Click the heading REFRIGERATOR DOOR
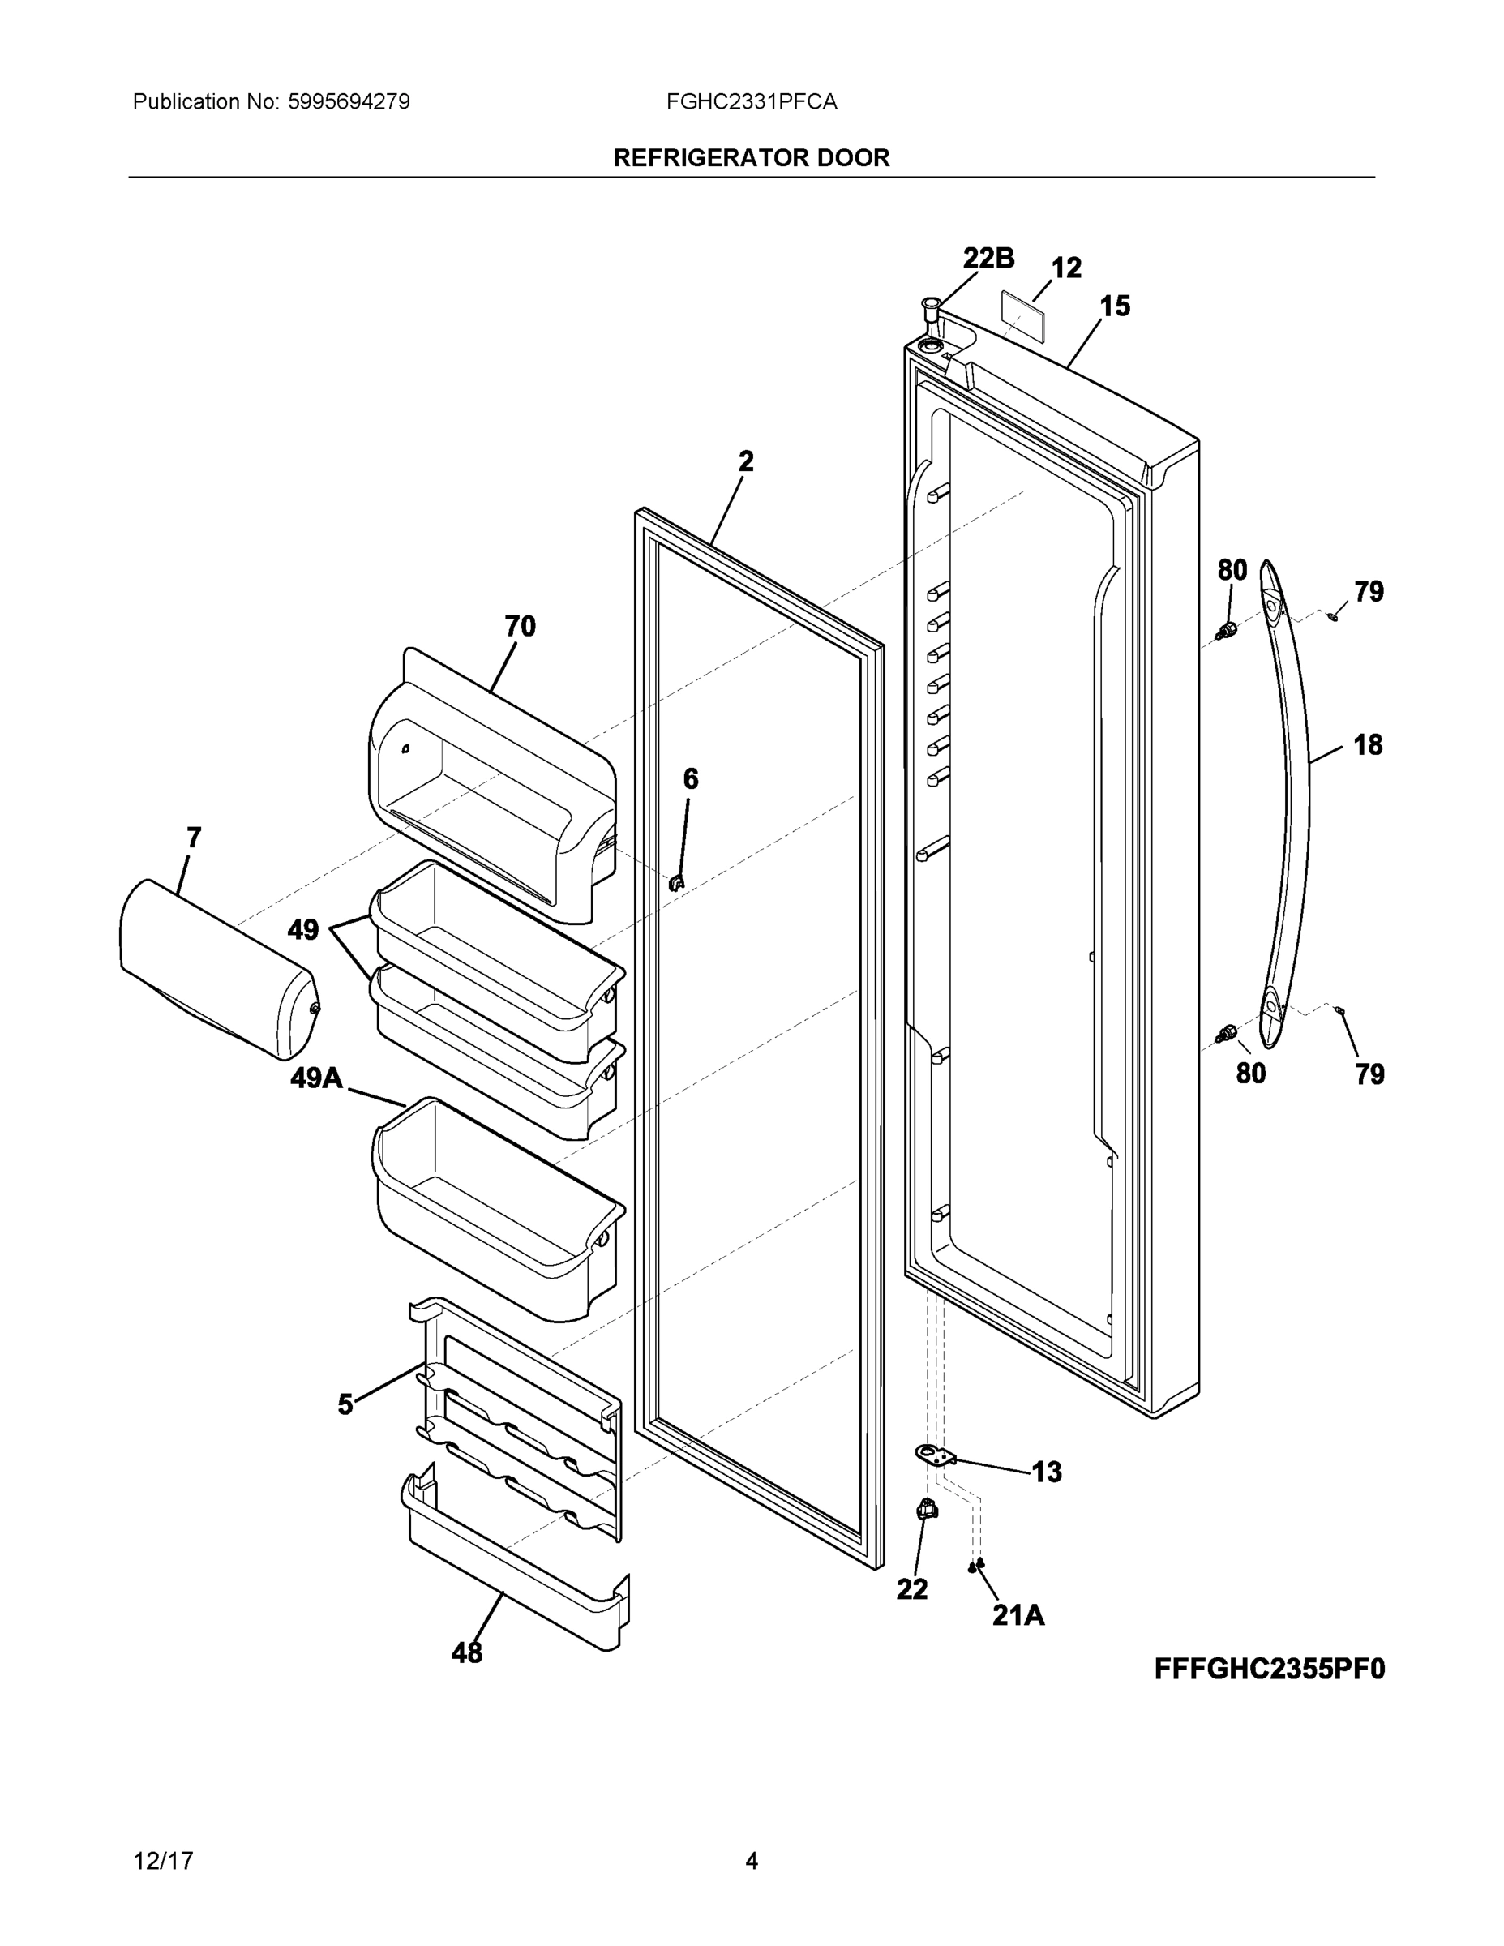click(751, 158)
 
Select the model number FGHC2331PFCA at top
click(751, 102)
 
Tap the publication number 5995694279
click(349, 102)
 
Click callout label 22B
click(988, 259)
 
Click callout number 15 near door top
click(1115, 306)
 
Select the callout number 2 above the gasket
click(746, 461)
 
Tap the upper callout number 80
click(1232, 570)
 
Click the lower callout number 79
click(1369, 1074)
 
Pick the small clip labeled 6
click(676, 883)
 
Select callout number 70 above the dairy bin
click(521, 627)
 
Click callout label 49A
click(316, 1079)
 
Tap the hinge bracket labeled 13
click(935, 1456)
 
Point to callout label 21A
click(1018, 1614)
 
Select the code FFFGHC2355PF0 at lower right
click(1270, 1668)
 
